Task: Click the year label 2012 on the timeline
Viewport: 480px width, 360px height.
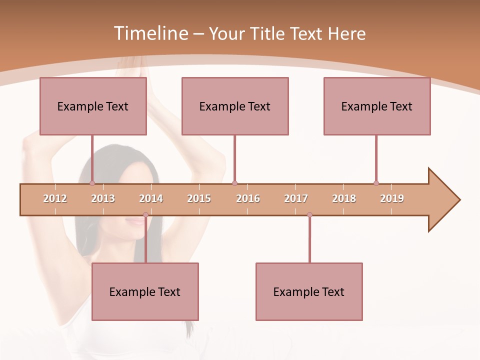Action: click(x=55, y=198)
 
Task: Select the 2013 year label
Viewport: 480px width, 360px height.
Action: click(x=103, y=198)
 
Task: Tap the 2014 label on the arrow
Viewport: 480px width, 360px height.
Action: click(x=151, y=198)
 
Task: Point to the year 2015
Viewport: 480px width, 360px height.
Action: click(x=199, y=198)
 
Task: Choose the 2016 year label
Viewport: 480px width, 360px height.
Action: click(x=248, y=198)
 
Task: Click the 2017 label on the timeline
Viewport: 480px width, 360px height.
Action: click(x=296, y=198)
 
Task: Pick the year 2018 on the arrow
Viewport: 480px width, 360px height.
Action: click(x=344, y=198)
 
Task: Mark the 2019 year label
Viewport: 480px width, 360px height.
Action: click(x=392, y=198)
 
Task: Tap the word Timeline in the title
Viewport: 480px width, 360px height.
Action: click(x=150, y=33)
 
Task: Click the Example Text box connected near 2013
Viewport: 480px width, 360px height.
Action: click(x=93, y=106)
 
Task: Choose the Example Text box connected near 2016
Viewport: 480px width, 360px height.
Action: click(x=235, y=106)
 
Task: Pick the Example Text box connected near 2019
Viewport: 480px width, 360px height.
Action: click(x=377, y=106)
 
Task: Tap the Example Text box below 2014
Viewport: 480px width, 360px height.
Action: click(x=145, y=291)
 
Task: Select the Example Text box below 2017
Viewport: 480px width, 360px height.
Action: click(x=309, y=291)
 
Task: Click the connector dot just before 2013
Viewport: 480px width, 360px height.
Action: click(x=92, y=183)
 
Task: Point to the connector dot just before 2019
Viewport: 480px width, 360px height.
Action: click(x=376, y=183)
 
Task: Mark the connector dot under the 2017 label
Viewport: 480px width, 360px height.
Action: click(x=309, y=214)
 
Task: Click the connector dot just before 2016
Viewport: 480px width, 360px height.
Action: click(x=234, y=183)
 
